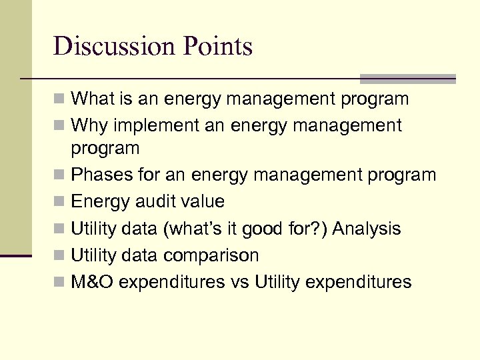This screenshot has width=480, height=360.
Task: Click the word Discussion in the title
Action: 115,47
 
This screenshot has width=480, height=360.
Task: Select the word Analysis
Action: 367,229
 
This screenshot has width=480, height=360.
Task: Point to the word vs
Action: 241,282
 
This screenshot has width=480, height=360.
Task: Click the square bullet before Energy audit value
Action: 60,202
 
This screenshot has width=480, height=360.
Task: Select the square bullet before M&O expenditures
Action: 60,283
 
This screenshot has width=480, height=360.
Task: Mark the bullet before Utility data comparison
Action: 60,256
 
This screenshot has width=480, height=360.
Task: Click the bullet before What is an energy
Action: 60,100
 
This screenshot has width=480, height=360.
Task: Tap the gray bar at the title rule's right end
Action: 407,79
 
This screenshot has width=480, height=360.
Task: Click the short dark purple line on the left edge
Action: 16,255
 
